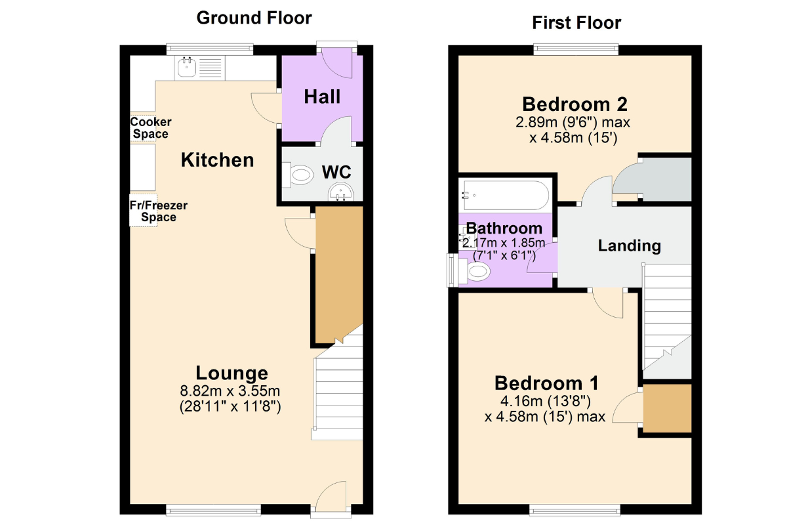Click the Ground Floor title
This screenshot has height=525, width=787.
254,18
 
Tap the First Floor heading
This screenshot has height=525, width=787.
576,23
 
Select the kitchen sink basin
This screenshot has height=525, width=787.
187,67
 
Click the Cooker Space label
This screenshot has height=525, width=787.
151,128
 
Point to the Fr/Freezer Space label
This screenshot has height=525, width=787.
159,211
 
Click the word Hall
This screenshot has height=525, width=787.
322,96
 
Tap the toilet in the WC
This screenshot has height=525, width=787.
298,175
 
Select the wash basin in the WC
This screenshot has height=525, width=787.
341,193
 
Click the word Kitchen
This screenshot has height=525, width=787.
217,160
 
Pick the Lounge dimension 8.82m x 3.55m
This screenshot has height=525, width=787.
230,390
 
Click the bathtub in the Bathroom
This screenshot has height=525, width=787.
505,196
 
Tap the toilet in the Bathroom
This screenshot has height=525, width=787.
473,272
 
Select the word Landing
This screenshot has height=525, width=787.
629,246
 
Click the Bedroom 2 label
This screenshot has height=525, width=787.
575,104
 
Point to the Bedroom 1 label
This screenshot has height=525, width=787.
546,383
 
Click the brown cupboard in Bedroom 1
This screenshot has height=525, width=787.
667,408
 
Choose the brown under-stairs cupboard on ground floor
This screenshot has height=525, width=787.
339,271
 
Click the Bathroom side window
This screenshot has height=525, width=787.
452,270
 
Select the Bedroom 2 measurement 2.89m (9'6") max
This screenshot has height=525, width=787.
573,122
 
